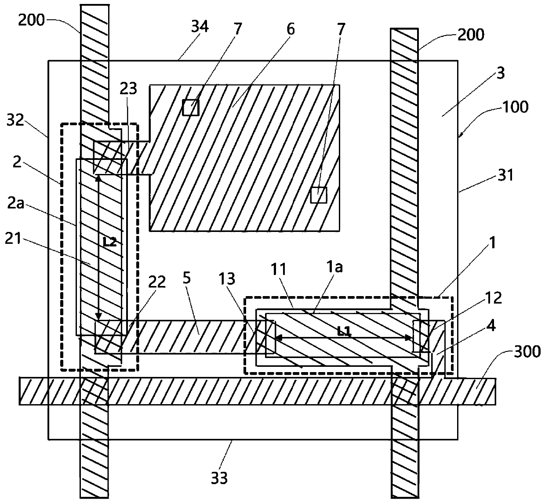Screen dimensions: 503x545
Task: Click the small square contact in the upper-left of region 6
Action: point(191,107)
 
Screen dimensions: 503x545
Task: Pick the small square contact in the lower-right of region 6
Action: point(319,195)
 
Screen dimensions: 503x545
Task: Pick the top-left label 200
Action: point(31,20)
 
